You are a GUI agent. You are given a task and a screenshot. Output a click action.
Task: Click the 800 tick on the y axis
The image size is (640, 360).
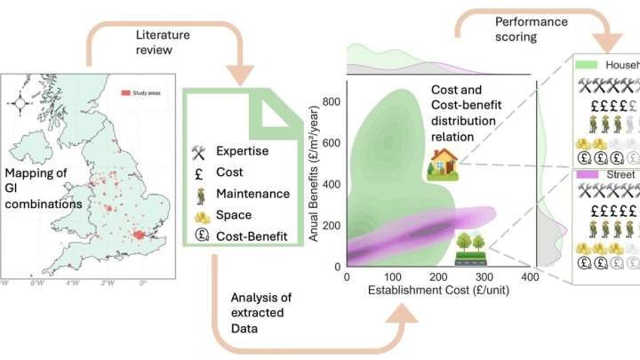pyautogui.click(x=333, y=102)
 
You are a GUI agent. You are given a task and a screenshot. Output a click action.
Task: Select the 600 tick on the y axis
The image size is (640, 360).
pyautogui.click(x=333, y=143)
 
